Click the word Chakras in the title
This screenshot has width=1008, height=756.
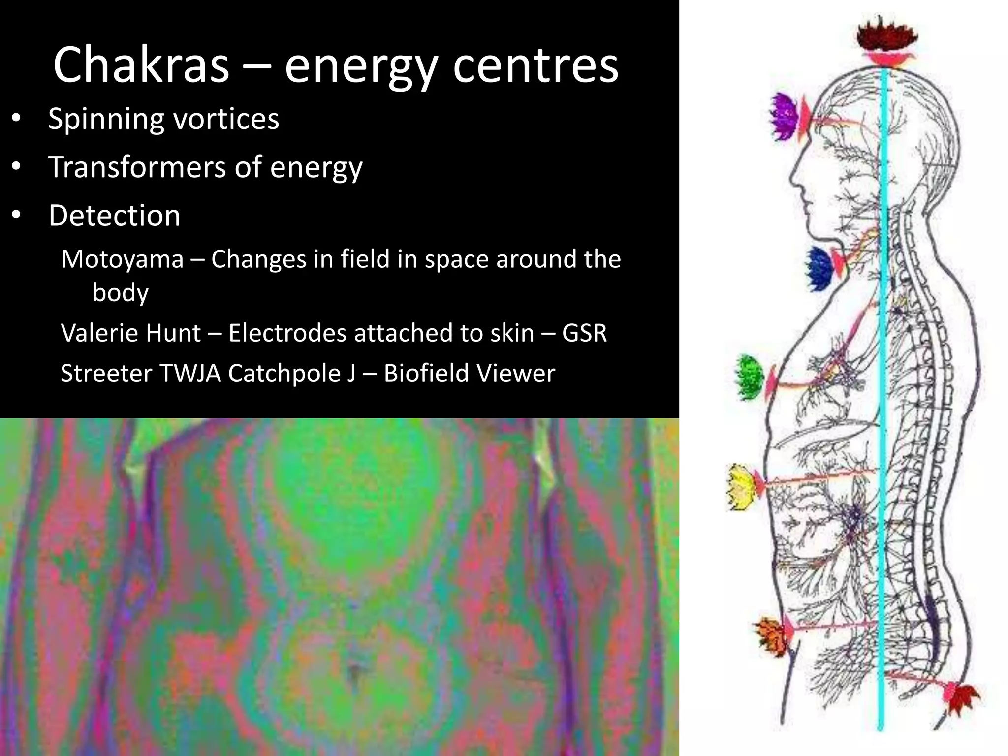click(141, 65)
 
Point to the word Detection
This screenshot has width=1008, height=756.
click(114, 216)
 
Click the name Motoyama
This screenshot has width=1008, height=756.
click(122, 259)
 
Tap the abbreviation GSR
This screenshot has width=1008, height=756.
click(584, 333)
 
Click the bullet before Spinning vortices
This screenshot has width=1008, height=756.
click(16, 119)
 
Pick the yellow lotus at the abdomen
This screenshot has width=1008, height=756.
click(741, 486)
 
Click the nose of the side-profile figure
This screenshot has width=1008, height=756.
click(794, 177)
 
